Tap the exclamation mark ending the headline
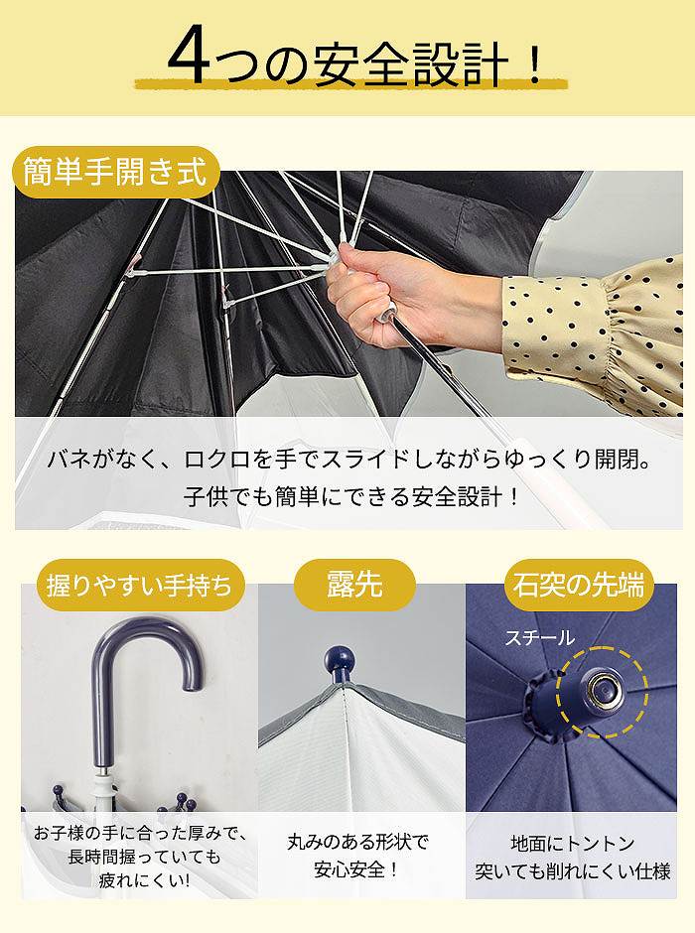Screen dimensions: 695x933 click(x=534, y=62)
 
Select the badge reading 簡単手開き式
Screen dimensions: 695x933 click(x=115, y=172)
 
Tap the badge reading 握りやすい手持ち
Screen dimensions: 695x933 click(x=140, y=585)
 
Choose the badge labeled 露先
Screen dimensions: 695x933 click(x=354, y=585)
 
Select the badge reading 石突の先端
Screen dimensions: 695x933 click(x=579, y=585)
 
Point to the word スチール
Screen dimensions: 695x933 click(x=540, y=638)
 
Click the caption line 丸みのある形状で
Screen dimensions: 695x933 click(x=357, y=843)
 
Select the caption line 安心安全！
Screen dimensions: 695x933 click(x=356, y=869)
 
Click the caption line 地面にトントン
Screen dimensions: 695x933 click(x=573, y=843)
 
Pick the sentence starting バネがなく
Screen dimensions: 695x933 click(x=348, y=460)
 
